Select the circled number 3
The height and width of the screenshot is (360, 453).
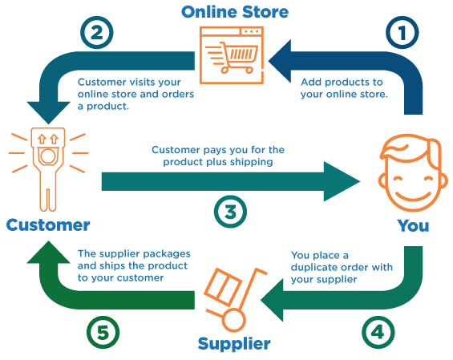230,211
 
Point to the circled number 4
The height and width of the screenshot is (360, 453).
378,330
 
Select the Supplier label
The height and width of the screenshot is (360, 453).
233,344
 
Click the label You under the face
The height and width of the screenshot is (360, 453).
414,225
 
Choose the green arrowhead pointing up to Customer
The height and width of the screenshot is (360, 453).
45,255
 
